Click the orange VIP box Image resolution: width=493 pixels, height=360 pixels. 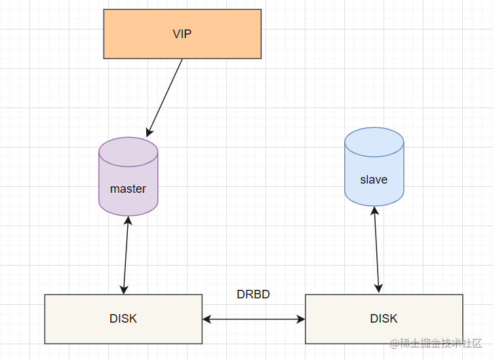pos(182,34)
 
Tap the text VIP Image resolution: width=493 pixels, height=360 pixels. pos(182,34)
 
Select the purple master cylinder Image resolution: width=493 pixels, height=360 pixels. pos(128,176)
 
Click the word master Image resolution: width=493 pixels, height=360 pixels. pos(128,189)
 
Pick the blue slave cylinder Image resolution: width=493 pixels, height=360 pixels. pos(374,167)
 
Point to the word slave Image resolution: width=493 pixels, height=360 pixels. pos(374,180)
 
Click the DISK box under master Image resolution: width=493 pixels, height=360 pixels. pos(123,319)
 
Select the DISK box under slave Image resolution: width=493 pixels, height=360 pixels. pos(384,319)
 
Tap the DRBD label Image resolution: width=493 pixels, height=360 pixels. pos(253,294)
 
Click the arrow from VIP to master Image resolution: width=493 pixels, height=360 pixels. pos(165,98)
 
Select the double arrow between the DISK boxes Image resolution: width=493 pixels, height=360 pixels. pos(254,319)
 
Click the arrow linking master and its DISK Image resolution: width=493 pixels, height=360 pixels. pos(126,255)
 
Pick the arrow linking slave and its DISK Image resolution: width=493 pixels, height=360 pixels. pos(376,250)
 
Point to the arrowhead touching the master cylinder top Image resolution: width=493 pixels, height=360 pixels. pos(149,132)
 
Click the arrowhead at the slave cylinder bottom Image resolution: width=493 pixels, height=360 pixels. pos(374,210)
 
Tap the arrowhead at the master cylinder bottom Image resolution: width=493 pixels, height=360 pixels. pos(128,220)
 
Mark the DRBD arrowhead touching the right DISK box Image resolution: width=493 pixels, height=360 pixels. pos(301,319)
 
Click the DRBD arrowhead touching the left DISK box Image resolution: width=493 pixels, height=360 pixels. pos(207,319)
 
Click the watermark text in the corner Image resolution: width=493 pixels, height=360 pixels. pos(436,343)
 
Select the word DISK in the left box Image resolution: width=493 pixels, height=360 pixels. pos(123,319)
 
